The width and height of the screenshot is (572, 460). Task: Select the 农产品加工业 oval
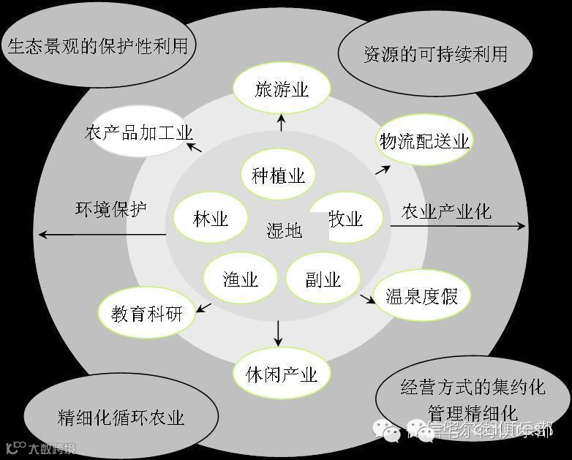point(138,133)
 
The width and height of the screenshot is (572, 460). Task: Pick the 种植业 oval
point(278,176)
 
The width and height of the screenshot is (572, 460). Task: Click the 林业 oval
point(211,219)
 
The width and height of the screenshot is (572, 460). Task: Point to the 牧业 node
point(345,219)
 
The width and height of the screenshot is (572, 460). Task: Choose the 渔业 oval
point(241,278)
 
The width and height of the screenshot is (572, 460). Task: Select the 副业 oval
point(323,279)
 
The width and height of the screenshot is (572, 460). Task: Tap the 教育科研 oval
point(146,314)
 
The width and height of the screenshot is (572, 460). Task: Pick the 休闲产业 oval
point(282,374)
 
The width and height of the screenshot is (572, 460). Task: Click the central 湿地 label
point(284,231)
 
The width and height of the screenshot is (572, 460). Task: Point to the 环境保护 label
point(111,209)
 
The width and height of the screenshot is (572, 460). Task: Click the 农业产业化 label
point(446,212)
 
